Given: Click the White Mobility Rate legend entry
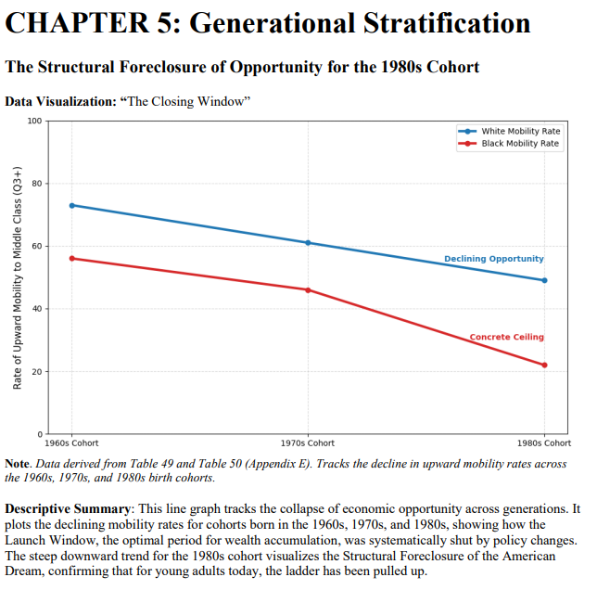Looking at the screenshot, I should [x=520, y=132].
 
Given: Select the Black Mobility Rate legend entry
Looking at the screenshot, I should [x=520, y=144].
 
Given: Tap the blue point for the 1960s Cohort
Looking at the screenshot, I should [x=71, y=205].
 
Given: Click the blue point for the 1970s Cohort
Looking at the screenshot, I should [x=308, y=243].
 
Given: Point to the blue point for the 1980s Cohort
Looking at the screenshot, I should [x=544, y=280].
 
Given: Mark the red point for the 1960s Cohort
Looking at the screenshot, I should [x=71, y=259].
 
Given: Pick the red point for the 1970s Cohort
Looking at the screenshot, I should [x=308, y=290].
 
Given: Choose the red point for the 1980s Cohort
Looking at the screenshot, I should [x=544, y=365].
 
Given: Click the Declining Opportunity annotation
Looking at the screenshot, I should [x=493, y=259].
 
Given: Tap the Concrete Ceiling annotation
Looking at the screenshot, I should [x=506, y=337].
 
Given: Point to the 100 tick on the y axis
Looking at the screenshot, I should [x=34, y=122].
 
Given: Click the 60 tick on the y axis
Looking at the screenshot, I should [x=35, y=246].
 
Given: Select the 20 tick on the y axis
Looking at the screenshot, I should [x=35, y=372].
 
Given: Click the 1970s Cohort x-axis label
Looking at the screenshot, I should [x=308, y=443].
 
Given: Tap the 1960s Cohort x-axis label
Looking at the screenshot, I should [x=71, y=443].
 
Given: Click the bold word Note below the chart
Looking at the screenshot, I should [x=17, y=463].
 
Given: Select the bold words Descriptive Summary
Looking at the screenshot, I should [x=70, y=509].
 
